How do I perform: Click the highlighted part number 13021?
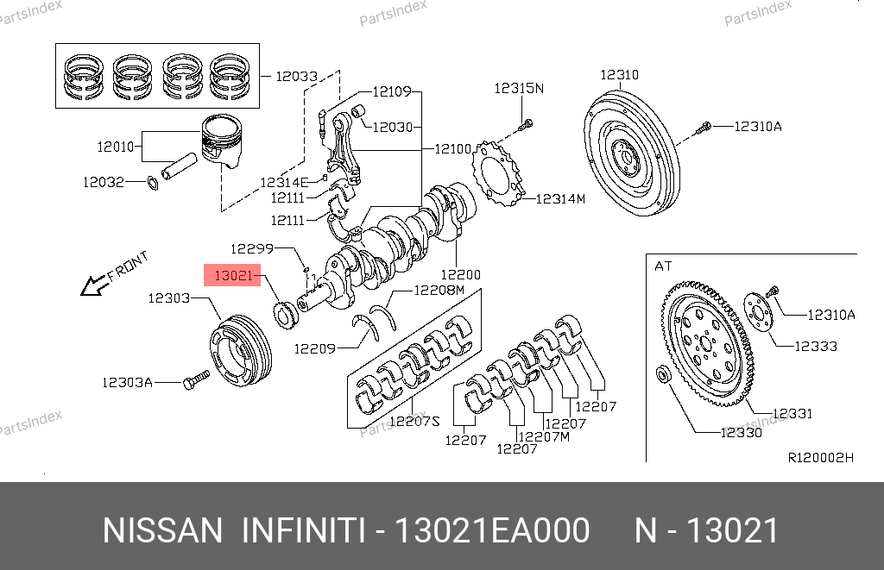(233, 277)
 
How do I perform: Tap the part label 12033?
(297, 76)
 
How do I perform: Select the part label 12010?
(116, 147)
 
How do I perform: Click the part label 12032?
(103, 182)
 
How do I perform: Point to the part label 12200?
(460, 274)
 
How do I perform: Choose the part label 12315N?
(519, 88)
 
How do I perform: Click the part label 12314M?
(560, 199)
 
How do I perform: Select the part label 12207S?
(415, 422)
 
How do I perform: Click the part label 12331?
(792, 414)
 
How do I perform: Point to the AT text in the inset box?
(663, 266)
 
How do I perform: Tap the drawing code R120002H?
(820, 457)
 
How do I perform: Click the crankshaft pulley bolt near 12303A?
(196, 379)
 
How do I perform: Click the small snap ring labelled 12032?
(152, 182)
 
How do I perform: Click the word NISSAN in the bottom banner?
(162, 530)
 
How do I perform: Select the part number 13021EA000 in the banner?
(491, 530)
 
